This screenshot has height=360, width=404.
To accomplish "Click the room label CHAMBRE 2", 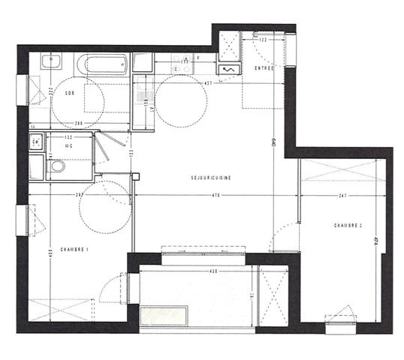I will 348,225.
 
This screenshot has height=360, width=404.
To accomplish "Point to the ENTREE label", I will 264,69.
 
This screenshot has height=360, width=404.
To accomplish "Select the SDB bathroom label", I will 70,93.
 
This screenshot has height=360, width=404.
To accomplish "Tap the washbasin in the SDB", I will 52,61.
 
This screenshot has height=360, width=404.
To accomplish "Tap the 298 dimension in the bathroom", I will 78,122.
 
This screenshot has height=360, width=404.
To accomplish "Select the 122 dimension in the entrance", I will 264,40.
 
